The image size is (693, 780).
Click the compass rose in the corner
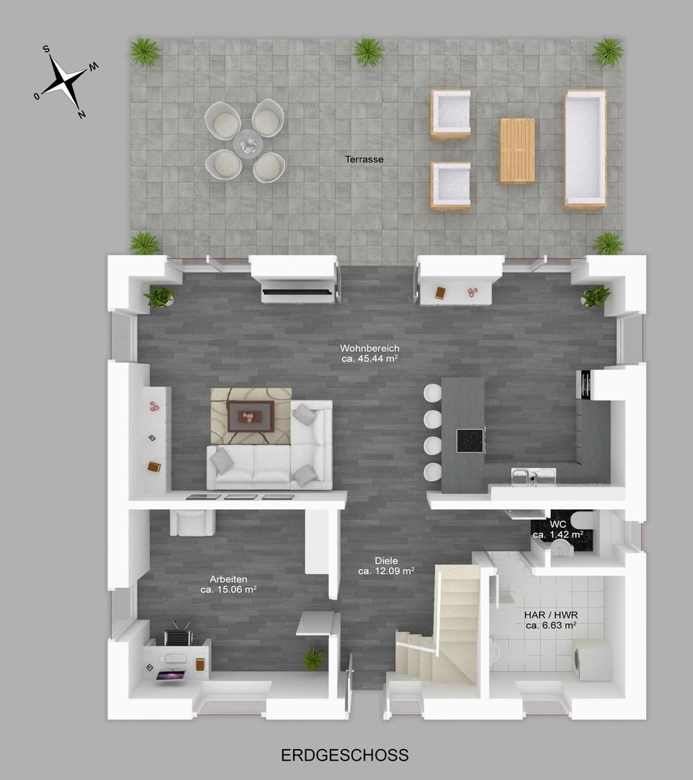pos(66,80)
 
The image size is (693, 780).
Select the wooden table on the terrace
pos(517,150)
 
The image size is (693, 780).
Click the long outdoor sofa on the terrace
pos(585,149)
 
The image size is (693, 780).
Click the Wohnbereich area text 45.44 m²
pos(370,358)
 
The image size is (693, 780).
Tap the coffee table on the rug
pos(249,416)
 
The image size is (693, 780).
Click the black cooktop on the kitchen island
pos(471,441)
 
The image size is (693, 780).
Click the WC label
pos(558,524)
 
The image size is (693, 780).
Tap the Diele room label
pos(385,560)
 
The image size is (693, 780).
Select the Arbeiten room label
pos(228,579)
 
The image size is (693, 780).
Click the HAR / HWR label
pos(550,615)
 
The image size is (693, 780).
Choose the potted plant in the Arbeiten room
pos(313,658)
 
